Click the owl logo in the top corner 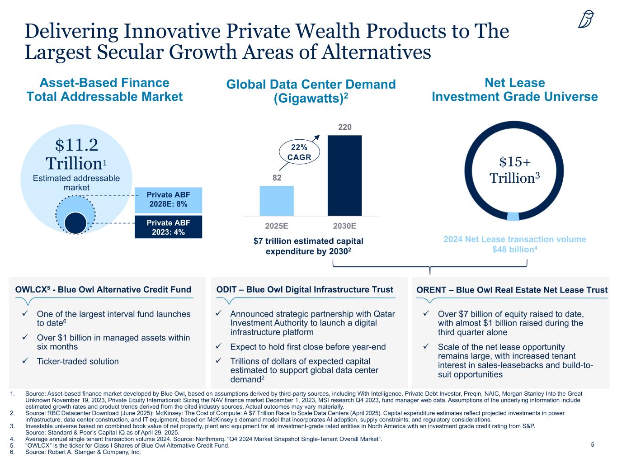tap(586, 19)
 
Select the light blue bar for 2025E tap(276, 201)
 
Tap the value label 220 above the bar tap(345, 128)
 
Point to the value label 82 tap(276, 178)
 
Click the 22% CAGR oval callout tap(298, 152)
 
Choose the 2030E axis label tap(344, 226)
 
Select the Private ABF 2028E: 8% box tap(168, 199)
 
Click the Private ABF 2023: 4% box tap(168, 227)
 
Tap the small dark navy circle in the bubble tap(75, 223)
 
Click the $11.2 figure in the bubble tap(76, 145)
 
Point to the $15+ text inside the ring tap(515, 162)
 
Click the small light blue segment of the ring tap(513, 216)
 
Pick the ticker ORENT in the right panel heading tap(430, 290)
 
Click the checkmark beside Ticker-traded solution tap(26, 361)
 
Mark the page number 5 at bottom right tap(593, 445)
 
